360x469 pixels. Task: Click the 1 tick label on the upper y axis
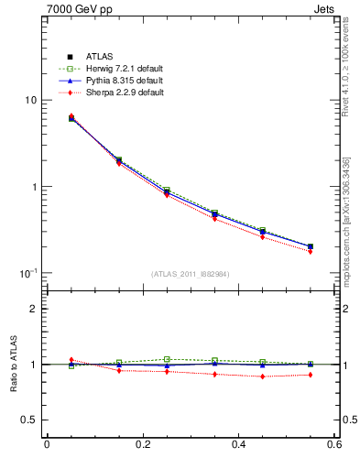tap(33, 187)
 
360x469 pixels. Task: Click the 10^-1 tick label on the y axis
tap(27, 273)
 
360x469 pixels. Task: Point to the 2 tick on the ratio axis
tap(33, 309)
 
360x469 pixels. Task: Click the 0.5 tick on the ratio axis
tap(29, 420)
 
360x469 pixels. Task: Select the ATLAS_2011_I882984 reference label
tap(191, 274)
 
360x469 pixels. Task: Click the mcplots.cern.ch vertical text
tap(347, 220)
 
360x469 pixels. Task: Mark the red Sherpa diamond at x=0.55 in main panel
tap(335, 251)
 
